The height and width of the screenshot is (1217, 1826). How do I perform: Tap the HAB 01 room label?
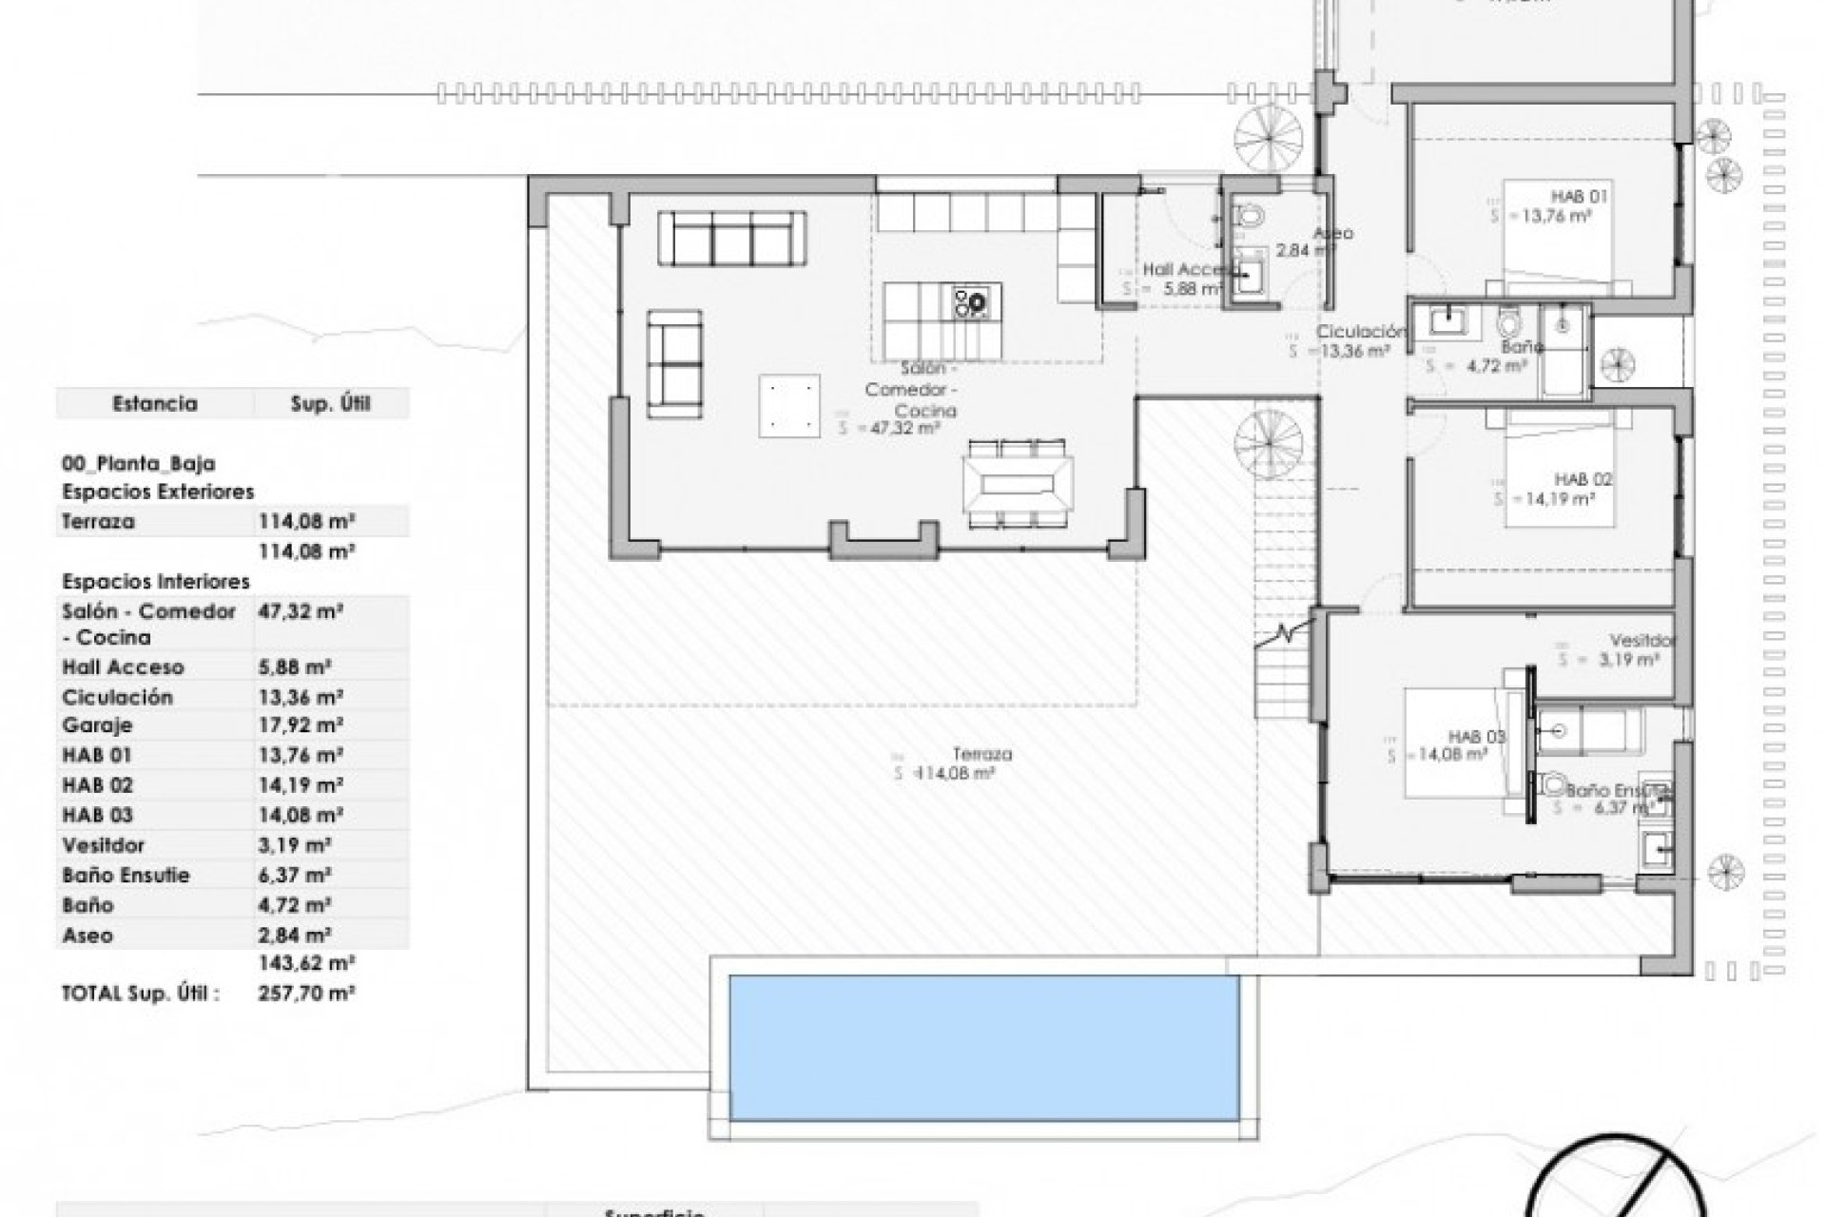pos(1580,197)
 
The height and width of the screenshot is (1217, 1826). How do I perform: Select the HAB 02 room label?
pos(1583,479)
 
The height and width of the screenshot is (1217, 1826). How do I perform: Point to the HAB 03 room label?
pos(1476,737)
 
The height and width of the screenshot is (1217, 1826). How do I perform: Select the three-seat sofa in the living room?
pos(732,238)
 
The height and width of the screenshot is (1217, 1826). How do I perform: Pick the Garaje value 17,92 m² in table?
pos(301,725)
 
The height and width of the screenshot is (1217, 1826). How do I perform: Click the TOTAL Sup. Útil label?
pos(141,994)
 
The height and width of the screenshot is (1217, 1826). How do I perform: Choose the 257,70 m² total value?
pos(306,994)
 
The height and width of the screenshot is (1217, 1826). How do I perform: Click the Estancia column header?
pos(155,403)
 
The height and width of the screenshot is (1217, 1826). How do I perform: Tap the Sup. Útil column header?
pos(330,403)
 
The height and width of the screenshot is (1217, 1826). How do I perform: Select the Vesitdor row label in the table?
pos(103,845)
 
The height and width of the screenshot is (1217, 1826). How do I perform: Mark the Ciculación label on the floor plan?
pos(1360,332)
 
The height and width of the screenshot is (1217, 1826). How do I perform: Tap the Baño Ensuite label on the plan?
pos(1617,790)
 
